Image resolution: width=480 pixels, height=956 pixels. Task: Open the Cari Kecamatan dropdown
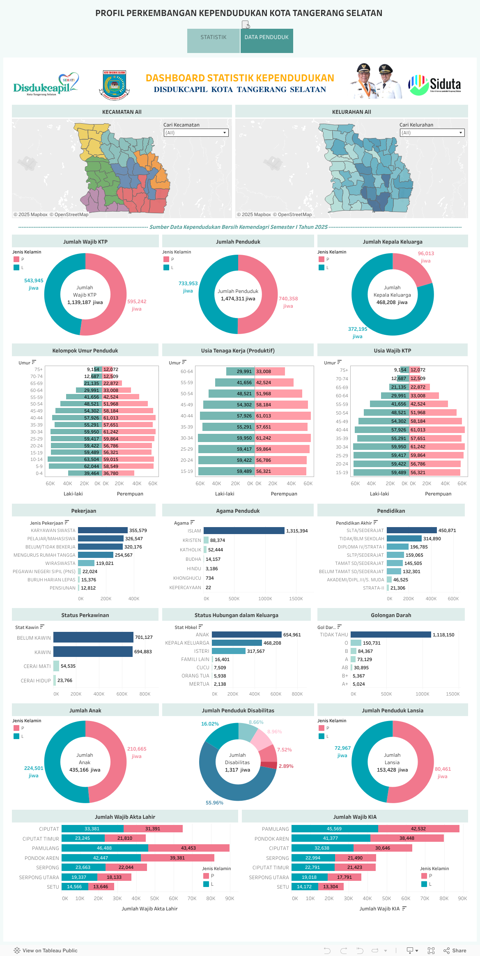click(196, 133)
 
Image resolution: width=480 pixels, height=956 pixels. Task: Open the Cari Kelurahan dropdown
click(432, 133)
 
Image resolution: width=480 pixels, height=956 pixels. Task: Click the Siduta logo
click(435, 85)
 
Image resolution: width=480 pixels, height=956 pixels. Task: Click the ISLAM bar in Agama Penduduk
click(244, 531)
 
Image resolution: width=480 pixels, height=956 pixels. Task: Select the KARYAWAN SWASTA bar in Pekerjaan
click(103, 530)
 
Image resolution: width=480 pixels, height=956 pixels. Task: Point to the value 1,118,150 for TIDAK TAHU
click(443, 635)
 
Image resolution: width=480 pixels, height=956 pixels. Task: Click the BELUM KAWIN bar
click(93, 637)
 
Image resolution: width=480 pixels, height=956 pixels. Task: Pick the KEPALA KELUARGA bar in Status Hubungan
click(237, 643)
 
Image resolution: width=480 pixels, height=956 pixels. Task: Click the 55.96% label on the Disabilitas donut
click(214, 803)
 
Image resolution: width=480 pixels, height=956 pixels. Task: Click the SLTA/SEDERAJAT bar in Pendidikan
click(411, 530)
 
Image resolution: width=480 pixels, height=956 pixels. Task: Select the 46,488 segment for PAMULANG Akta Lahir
click(105, 848)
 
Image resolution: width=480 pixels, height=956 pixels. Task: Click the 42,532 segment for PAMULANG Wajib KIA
click(418, 829)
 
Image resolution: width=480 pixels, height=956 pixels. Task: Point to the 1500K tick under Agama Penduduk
click(296, 599)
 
